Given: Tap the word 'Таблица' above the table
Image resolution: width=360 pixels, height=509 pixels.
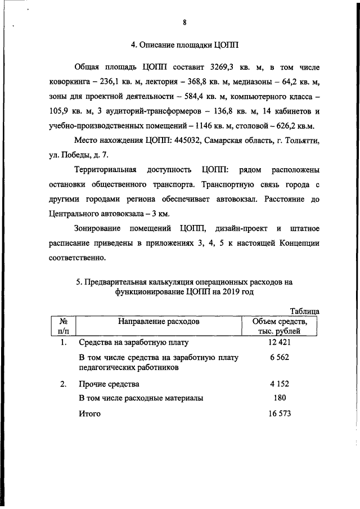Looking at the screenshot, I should [x=304, y=312].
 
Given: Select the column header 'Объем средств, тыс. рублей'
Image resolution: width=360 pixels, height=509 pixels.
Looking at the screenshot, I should [x=280, y=327].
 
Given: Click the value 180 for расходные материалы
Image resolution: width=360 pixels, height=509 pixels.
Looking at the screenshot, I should [x=277, y=399].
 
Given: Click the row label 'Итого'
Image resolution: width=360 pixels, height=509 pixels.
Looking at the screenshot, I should [x=89, y=414].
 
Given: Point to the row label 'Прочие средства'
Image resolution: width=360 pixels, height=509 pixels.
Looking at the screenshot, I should [x=109, y=385].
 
